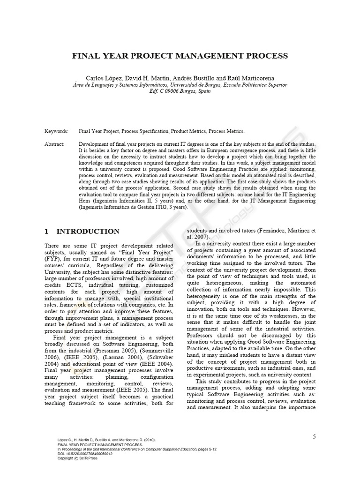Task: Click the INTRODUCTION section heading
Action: pyautogui.click(x=88, y=232)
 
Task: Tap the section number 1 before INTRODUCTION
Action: pyautogui.click(x=47, y=232)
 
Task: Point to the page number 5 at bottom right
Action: pyautogui.click(x=315, y=437)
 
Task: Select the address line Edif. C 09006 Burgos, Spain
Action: pyautogui.click(x=180, y=91)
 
